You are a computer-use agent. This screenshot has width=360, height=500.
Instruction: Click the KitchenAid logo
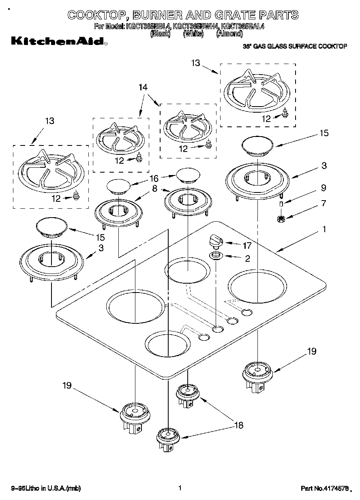point(58,41)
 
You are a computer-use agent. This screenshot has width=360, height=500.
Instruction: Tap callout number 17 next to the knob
point(247,245)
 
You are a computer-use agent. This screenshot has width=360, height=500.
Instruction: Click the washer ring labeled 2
point(215,256)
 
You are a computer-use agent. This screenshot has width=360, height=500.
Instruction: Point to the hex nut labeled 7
point(281,219)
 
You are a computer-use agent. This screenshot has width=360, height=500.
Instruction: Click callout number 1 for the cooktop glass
point(324,229)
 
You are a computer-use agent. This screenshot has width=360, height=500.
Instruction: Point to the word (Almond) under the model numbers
point(229,34)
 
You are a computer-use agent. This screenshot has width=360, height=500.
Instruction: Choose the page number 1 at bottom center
point(179,488)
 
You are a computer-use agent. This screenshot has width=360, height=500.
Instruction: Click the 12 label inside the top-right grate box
point(266,119)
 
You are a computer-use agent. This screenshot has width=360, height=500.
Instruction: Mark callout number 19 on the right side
point(311,351)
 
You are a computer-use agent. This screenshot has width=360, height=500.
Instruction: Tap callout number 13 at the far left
point(49,121)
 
